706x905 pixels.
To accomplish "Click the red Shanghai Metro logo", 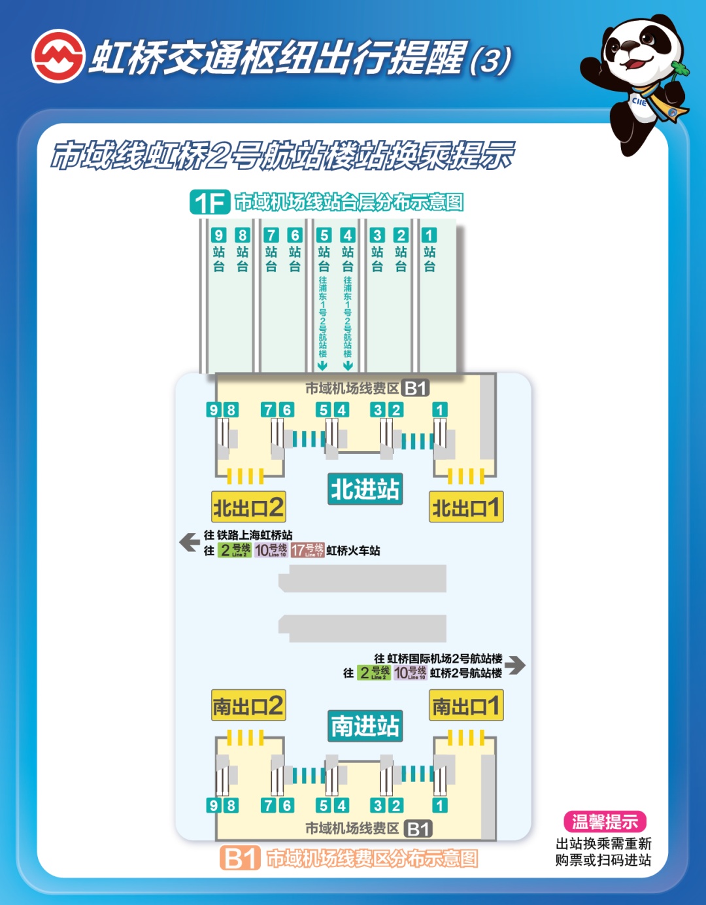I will (58, 56).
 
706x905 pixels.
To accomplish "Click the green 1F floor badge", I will (210, 202).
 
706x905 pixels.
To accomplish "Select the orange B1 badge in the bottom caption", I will (240, 858).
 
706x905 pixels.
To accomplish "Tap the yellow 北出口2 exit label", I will (248, 507).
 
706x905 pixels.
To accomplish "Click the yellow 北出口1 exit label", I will (466, 507).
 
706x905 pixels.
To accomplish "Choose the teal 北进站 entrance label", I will (365, 489).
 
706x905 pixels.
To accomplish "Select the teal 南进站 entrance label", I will (365, 726).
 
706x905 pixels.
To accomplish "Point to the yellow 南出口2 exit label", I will (248, 706).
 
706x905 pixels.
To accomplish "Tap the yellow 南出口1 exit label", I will (466, 706).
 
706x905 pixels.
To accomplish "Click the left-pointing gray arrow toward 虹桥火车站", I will (190, 542).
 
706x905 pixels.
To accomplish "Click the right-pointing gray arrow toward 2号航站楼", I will (515, 665).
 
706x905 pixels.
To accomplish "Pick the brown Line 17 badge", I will (307, 550).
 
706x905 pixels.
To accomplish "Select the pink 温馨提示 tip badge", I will (605, 821).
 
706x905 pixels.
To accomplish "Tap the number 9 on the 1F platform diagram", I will (218, 235).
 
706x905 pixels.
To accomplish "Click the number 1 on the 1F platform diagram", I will (429, 235).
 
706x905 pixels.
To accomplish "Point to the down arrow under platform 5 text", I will (323, 365).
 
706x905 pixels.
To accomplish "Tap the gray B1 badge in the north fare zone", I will (415, 388).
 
